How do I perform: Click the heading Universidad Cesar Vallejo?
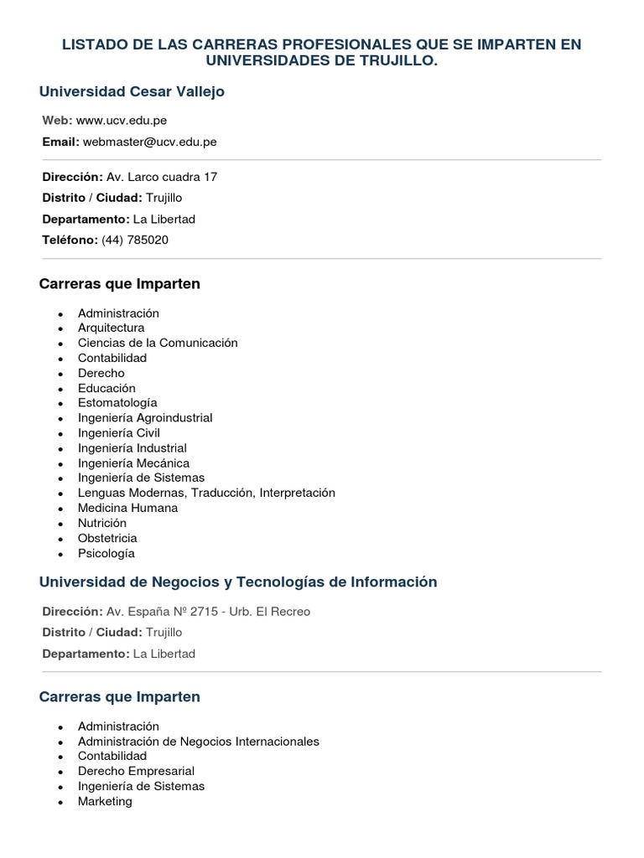click(132, 91)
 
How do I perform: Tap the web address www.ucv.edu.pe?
click(121, 121)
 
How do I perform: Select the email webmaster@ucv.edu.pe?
click(149, 142)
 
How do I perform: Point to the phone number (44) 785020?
click(134, 240)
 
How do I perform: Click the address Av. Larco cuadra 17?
click(162, 177)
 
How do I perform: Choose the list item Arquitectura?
click(111, 328)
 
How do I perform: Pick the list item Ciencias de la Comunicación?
click(158, 343)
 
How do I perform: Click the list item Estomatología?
click(117, 402)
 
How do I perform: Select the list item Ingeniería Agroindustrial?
click(145, 417)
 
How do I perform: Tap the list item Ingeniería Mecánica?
click(133, 463)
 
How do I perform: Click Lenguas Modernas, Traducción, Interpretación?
click(206, 493)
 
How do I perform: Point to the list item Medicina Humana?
click(127, 508)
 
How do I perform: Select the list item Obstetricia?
click(107, 538)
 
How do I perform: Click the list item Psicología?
click(106, 553)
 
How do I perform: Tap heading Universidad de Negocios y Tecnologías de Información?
click(238, 581)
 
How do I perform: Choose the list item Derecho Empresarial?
click(136, 771)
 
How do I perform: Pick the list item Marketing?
click(105, 801)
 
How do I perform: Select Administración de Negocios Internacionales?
click(199, 741)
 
